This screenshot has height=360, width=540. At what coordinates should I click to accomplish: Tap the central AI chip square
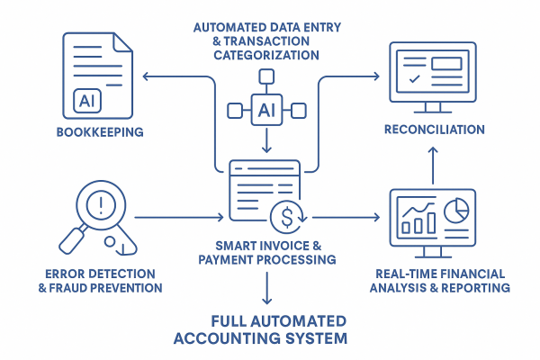click(266, 111)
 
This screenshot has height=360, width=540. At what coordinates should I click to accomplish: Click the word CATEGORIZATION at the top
click(266, 55)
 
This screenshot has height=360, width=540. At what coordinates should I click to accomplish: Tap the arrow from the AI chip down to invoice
click(266, 144)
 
